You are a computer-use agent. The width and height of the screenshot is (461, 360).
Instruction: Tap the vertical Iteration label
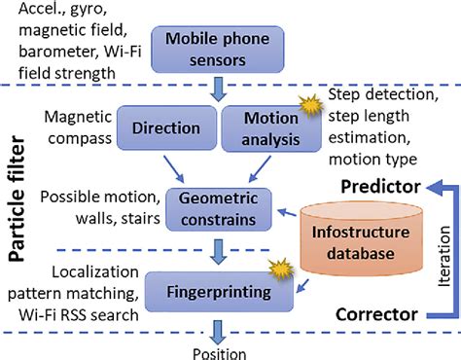443,254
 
